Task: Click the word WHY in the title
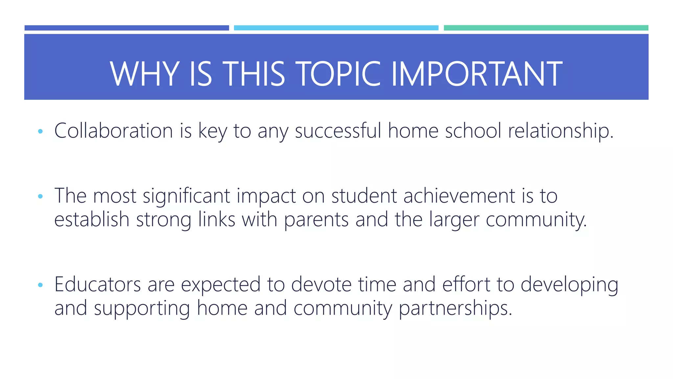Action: point(145,74)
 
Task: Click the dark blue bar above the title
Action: point(127,28)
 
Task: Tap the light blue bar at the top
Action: point(336,28)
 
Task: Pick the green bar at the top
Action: point(546,28)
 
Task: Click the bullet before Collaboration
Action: point(40,131)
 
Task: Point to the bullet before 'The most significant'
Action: point(40,196)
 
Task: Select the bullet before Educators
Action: point(40,285)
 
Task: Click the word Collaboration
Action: point(113,131)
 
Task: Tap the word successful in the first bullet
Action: point(338,131)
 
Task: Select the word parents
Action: point(316,220)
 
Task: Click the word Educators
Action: point(97,284)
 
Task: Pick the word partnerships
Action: point(455,309)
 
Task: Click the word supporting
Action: point(142,309)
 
